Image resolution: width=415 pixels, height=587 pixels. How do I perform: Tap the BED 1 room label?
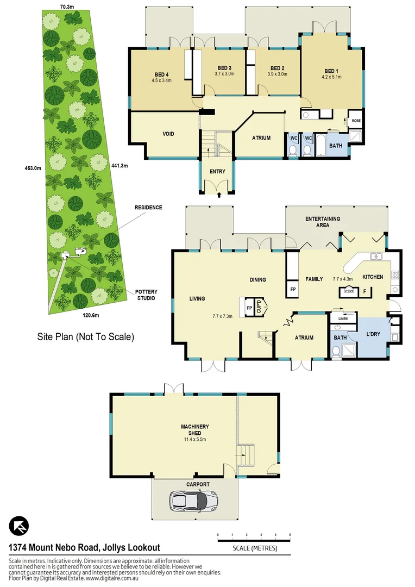point(331,71)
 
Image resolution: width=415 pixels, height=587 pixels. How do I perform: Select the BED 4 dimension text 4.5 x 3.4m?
point(161,80)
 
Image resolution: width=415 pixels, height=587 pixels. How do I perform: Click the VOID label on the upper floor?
point(168,134)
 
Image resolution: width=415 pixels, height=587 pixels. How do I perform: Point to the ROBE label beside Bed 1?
point(356,121)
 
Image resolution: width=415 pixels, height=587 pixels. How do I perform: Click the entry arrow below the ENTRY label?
point(218,194)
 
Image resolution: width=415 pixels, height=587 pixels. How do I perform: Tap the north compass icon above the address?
point(19,526)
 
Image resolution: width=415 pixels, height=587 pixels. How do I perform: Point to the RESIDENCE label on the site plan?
point(149,208)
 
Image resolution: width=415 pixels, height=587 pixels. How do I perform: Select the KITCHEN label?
point(373,277)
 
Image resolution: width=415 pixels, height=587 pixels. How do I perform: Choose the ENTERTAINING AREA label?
point(322,222)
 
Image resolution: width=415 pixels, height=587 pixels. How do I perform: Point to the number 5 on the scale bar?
point(290,535)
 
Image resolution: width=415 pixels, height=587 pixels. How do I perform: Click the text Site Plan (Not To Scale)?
point(85,336)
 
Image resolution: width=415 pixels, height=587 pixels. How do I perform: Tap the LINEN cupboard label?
point(343,319)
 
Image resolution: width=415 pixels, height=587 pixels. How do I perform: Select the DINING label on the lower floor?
point(257,280)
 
